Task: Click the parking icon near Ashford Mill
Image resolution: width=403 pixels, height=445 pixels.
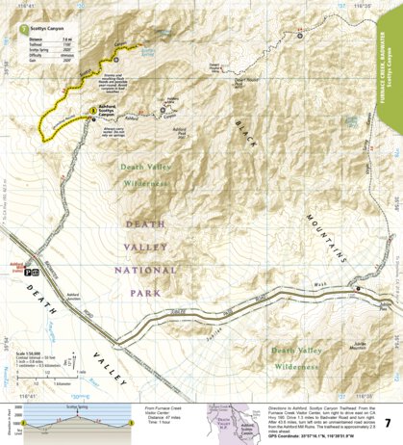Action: coord(32,272)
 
